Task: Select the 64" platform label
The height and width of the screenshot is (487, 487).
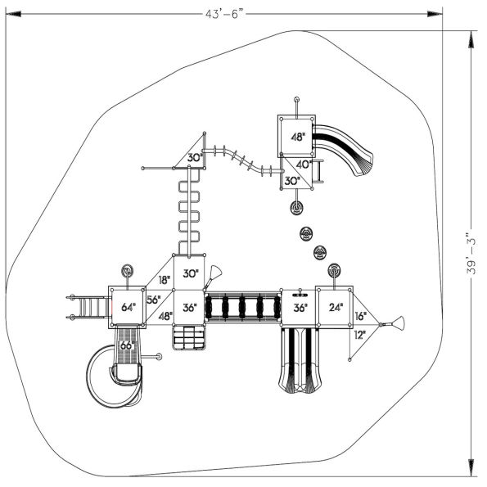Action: [x=129, y=308]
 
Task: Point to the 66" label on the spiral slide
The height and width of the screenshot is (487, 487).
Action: [x=128, y=345]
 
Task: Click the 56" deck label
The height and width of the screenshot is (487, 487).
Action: [x=154, y=300]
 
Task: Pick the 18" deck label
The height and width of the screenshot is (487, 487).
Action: [x=164, y=280]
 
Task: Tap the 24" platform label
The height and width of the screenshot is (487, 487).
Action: [x=336, y=309]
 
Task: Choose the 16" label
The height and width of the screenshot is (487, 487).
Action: [x=360, y=315]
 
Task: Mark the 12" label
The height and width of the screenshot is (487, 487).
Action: [x=360, y=334]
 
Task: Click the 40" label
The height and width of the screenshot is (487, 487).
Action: [x=303, y=165]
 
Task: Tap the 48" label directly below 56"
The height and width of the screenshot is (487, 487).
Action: [x=165, y=316]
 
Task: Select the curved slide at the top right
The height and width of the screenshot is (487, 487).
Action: [x=348, y=147]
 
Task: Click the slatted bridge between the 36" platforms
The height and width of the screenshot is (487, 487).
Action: [x=241, y=308]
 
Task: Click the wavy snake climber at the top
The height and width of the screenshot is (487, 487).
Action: [x=241, y=160]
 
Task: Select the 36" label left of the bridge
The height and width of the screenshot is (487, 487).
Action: [x=190, y=309]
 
